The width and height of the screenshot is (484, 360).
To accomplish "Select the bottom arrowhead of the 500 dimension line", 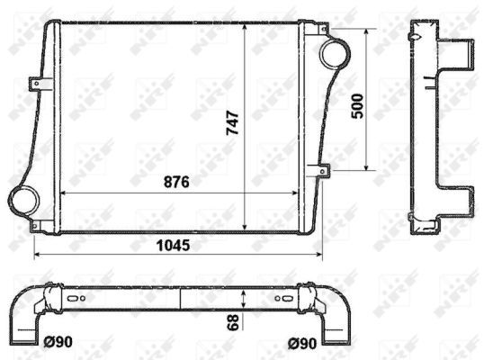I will tap(367, 167).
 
